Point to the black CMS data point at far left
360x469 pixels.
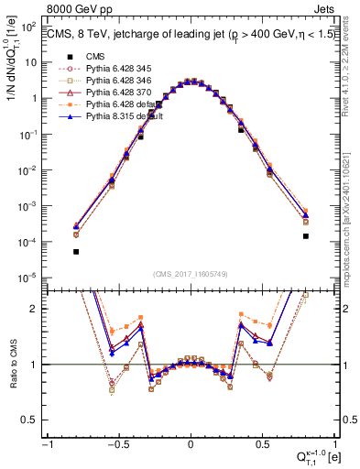point(76,251)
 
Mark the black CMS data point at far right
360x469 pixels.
point(305,236)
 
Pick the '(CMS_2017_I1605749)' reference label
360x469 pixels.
point(190,274)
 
